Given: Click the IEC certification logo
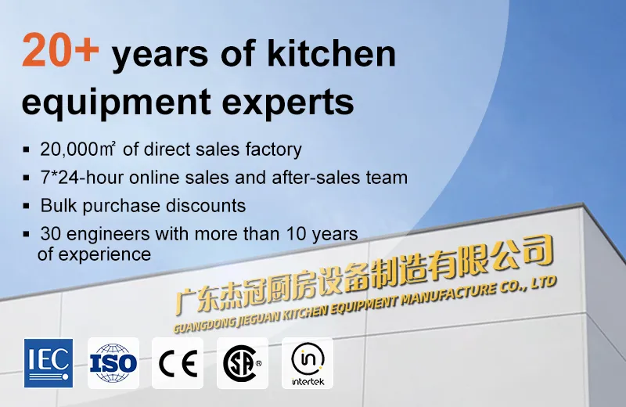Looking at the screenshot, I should pyautogui.click(x=49, y=363).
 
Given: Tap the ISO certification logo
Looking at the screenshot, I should pyautogui.click(x=113, y=363).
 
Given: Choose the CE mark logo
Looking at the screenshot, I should pyautogui.click(x=178, y=363).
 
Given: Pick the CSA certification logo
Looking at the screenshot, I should pyautogui.click(x=242, y=363).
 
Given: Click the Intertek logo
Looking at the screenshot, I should pyautogui.click(x=307, y=363).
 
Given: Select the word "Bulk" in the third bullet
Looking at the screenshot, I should pyautogui.click(x=59, y=206).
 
